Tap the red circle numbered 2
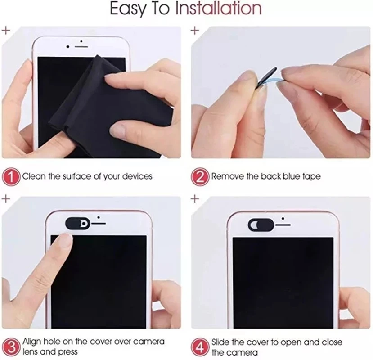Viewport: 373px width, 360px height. pyautogui.click(x=201, y=176)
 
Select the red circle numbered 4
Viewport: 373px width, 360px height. pyautogui.click(x=201, y=346)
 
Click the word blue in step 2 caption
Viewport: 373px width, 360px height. pyautogui.click(x=293, y=176)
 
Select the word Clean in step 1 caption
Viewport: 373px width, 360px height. pyautogui.click(x=34, y=176)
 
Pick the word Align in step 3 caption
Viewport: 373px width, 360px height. pyautogui.click(x=33, y=342)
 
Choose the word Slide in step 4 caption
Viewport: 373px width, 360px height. pyautogui.click(x=221, y=342)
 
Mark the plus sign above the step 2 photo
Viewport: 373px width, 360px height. pyautogui.click(x=195, y=30)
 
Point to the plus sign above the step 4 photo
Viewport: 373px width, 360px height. pyautogui.click(x=195, y=198)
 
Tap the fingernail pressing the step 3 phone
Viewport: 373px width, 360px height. pyautogui.click(x=65, y=242)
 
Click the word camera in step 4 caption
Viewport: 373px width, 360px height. pyautogui.click(x=242, y=352)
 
